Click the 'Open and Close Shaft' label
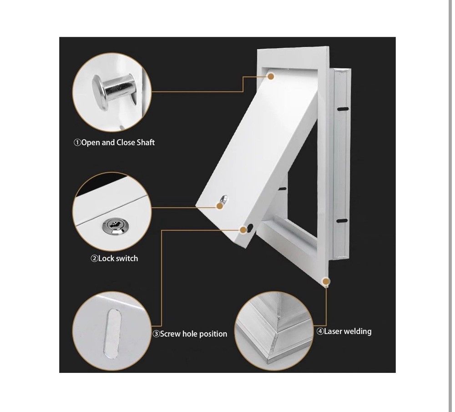click(114, 143)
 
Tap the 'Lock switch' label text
click(114, 259)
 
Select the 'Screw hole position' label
click(190, 334)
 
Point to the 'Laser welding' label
click(344, 332)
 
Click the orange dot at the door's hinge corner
click(271, 76)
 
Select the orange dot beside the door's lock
click(220, 206)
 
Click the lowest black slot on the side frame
click(341, 221)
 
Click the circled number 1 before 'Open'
click(77, 143)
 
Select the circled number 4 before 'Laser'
click(320, 332)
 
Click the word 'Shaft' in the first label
click(146, 143)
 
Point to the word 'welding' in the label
click(358, 332)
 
